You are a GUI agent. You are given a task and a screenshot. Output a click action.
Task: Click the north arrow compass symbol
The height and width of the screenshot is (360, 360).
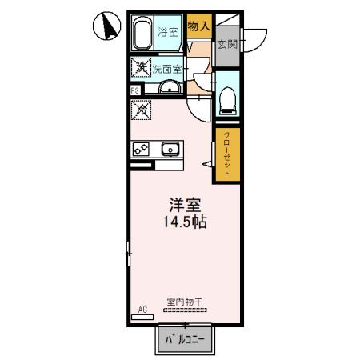coord(105,27)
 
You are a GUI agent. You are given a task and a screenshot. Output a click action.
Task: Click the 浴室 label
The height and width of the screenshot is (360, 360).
coord(167,32)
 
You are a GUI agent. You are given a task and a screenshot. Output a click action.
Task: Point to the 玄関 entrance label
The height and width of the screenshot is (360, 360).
coord(226,44)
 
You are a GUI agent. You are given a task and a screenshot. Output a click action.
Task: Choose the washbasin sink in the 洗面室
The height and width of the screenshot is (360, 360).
coord(169,87)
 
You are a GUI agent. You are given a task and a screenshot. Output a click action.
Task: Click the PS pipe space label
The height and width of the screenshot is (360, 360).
coord(134,90)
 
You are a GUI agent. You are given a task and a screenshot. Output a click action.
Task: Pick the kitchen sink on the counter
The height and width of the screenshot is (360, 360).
coord(170,149)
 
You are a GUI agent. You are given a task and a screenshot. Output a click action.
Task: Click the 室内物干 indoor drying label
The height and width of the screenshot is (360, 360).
coord(185,302)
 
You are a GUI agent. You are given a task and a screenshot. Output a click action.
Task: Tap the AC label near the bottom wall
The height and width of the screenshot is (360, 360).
coord(142,309)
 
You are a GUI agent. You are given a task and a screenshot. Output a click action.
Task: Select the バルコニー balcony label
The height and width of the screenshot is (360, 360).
coord(185,339)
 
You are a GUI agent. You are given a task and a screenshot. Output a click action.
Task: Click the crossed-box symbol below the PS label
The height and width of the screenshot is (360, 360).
coord(141,106)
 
